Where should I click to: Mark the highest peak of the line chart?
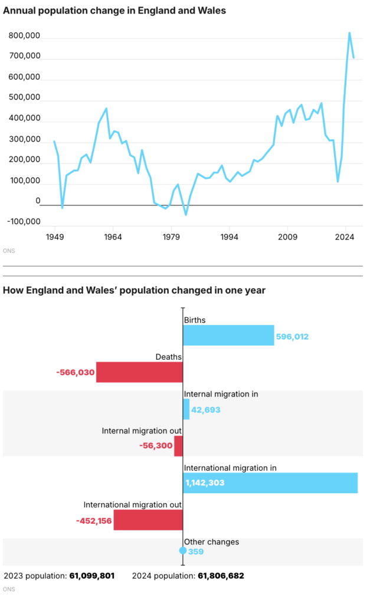349,33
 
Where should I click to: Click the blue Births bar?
228,335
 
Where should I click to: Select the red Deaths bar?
139,372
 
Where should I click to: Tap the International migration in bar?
270,482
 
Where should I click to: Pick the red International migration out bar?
148,520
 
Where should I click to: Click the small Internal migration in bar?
186,409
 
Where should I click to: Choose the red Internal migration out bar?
178,446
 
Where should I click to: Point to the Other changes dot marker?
183,551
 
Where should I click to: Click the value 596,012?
292,337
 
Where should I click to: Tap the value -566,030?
76,372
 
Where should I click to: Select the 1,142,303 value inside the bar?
205,483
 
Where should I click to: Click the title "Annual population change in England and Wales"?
114,11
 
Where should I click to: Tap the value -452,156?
94,520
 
